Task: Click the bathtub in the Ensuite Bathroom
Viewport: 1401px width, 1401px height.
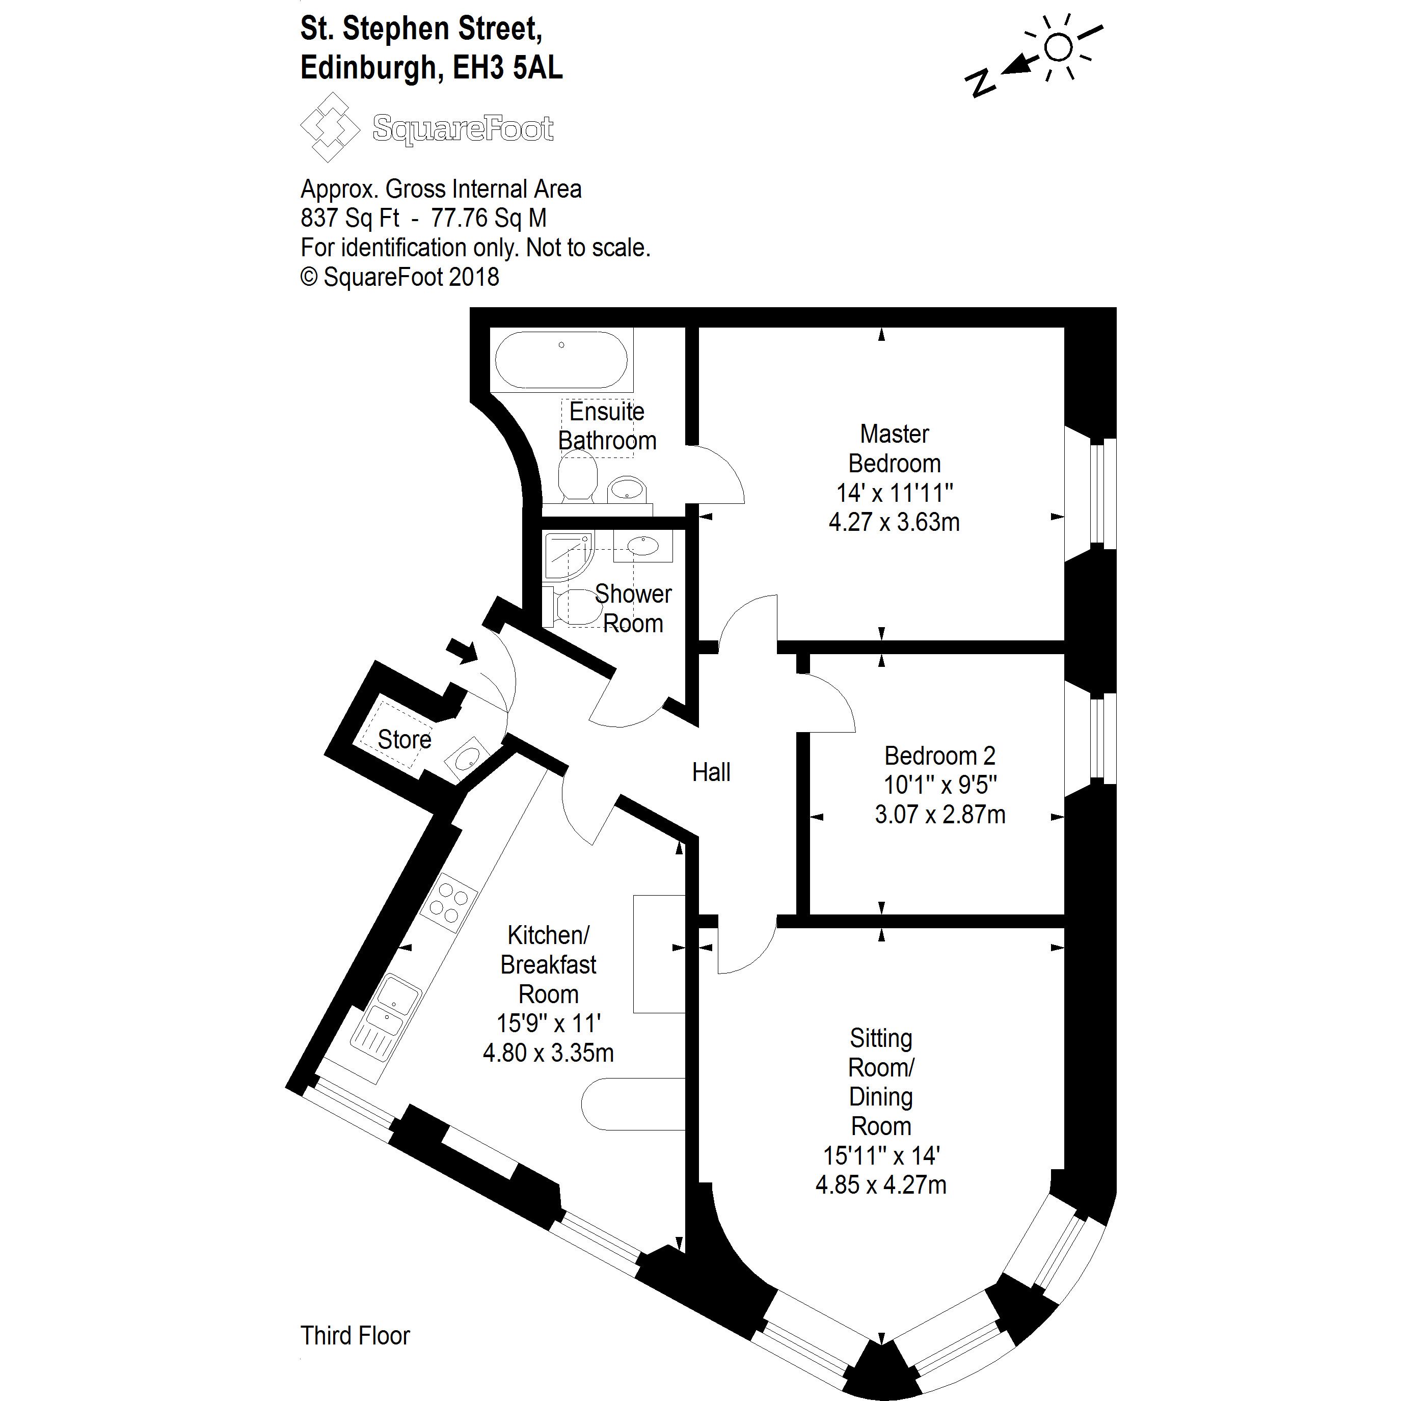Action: (561, 360)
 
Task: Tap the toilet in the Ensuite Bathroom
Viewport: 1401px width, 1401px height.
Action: (577, 476)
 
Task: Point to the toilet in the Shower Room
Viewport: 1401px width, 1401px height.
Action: (574, 606)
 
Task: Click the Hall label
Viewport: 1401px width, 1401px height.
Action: (711, 772)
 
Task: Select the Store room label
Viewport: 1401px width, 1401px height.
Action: (404, 740)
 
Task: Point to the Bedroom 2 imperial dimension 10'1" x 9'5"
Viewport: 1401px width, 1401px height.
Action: (940, 785)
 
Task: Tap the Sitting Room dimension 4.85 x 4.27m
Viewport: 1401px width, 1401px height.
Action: (880, 1185)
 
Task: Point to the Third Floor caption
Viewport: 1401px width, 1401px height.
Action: (355, 1336)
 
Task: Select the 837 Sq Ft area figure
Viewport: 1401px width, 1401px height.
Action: (351, 218)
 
